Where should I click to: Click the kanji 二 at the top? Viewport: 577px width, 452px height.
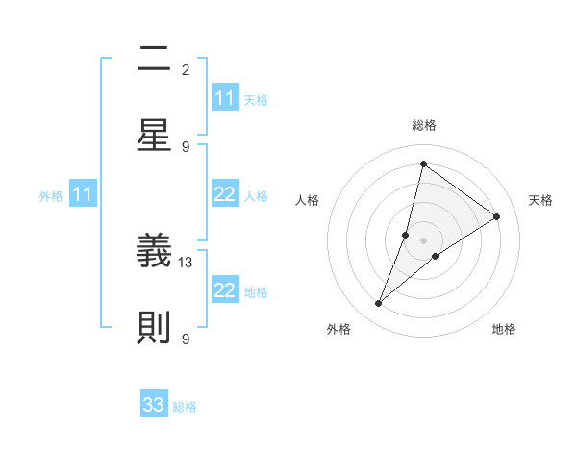[x=154, y=61]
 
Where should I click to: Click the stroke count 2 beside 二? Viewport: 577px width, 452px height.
[x=186, y=70]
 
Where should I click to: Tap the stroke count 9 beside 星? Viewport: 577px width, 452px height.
[x=186, y=146]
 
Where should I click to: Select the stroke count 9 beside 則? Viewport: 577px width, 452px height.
[x=186, y=339]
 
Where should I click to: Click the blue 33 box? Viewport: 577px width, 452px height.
[x=154, y=405]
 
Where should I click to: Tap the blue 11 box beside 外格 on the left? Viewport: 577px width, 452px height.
[x=83, y=195]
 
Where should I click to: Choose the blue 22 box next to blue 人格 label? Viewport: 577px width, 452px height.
[x=225, y=195]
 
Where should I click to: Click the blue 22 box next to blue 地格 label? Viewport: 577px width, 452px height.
[x=225, y=291]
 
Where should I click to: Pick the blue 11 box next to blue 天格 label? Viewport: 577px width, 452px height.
[x=225, y=99]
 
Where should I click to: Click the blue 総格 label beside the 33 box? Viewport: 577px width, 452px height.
[x=185, y=407]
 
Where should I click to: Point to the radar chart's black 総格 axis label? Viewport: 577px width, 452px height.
[x=423, y=126]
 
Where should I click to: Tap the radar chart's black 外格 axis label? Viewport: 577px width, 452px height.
[x=339, y=329]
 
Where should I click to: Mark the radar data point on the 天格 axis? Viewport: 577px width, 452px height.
[x=497, y=216]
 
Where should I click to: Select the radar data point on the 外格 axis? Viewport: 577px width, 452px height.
[x=379, y=304]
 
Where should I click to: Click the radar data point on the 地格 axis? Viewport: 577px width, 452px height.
[x=436, y=256]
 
